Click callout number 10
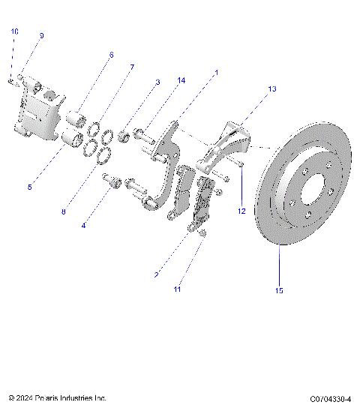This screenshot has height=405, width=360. [x=14, y=31]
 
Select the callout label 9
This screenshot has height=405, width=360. [x=41, y=35]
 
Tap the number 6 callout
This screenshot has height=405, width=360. [x=111, y=55]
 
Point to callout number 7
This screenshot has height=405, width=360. [x=131, y=67]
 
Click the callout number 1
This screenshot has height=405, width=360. [x=216, y=73]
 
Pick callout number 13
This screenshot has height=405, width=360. [x=272, y=88]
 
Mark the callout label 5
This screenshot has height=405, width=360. [x=29, y=187]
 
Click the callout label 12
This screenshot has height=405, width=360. [x=241, y=212]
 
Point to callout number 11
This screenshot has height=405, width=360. [x=178, y=288]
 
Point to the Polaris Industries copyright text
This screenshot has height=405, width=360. [x=58, y=398]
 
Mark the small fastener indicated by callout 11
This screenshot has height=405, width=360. [x=203, y=235]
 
